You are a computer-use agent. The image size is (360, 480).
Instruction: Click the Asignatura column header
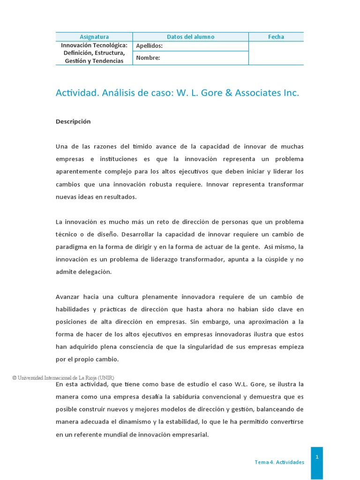(94, 37)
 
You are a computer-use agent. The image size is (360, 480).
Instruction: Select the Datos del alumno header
(190, 37)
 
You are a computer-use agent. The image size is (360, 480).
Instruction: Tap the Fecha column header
(276, 37)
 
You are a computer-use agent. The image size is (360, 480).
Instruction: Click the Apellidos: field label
(149, 46)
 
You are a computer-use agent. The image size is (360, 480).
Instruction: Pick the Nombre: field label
(148, 58)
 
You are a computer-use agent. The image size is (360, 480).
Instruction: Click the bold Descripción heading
(73, 121)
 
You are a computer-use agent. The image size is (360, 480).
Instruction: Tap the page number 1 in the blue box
(317, 457)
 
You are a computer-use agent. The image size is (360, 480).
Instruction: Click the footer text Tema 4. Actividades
(279, 462)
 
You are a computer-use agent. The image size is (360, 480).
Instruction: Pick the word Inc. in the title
(291, 93)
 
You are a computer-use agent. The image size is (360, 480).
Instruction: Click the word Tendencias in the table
(107, 61)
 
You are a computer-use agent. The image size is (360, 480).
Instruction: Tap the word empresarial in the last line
(188, 435)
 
